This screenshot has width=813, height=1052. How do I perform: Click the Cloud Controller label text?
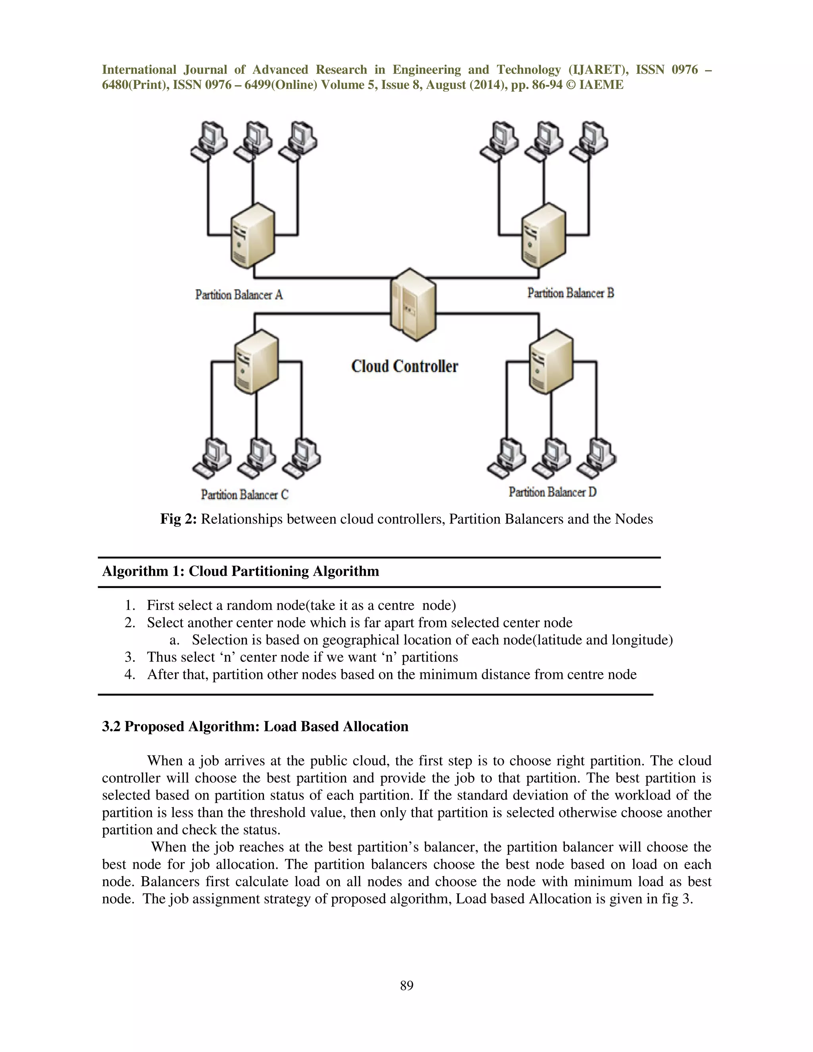[x=405, y=366]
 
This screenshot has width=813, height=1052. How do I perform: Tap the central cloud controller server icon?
[x=413, y=304]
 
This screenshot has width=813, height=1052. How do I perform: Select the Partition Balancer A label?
[x=239, y=295]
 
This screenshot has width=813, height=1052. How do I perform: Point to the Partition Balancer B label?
[x=570, y=293]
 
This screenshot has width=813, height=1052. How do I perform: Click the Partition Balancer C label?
[x=245, y=495]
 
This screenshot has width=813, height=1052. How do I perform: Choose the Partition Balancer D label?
[x=553, y=492]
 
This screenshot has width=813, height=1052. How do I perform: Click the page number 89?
[x=406, y=986]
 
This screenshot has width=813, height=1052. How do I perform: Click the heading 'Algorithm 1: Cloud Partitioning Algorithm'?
[x=240, y=571]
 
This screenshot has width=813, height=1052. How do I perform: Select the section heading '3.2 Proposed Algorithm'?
[x=255, y=726]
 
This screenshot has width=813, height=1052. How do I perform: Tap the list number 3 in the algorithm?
[x=129, y=657]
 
